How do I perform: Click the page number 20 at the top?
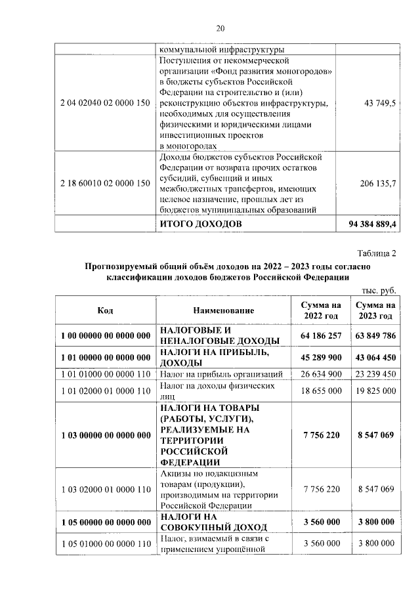[x=220, y=28]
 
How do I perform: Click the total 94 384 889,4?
[x=369, y=224]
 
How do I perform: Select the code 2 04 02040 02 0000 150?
[x=105, y=103]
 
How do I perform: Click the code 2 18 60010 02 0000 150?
[x=105, y=183]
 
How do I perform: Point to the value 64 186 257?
[x=321, y=335]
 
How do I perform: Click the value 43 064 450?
[x=375, y=358]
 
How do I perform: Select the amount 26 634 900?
[x=321, y=374]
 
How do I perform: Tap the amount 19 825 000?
[x=375, y=391]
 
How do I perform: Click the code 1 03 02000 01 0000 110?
[x=105, y=490]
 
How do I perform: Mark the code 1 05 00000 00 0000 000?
[x=105, y=522]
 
